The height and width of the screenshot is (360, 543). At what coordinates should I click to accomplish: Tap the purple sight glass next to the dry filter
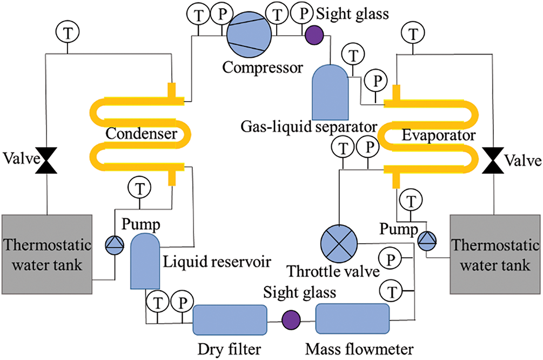tap(291, 318)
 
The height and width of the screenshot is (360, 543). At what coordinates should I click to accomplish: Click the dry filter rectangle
tap(230, 318)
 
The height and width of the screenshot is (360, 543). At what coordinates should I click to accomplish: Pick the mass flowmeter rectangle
tap(352, 318)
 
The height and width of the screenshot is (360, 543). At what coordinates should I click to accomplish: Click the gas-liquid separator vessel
tap(330, 92)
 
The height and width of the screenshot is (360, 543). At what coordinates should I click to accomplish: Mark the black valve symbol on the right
tap(495, 160)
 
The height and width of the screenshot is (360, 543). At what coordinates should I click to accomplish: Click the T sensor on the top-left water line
tap(67, 33)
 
